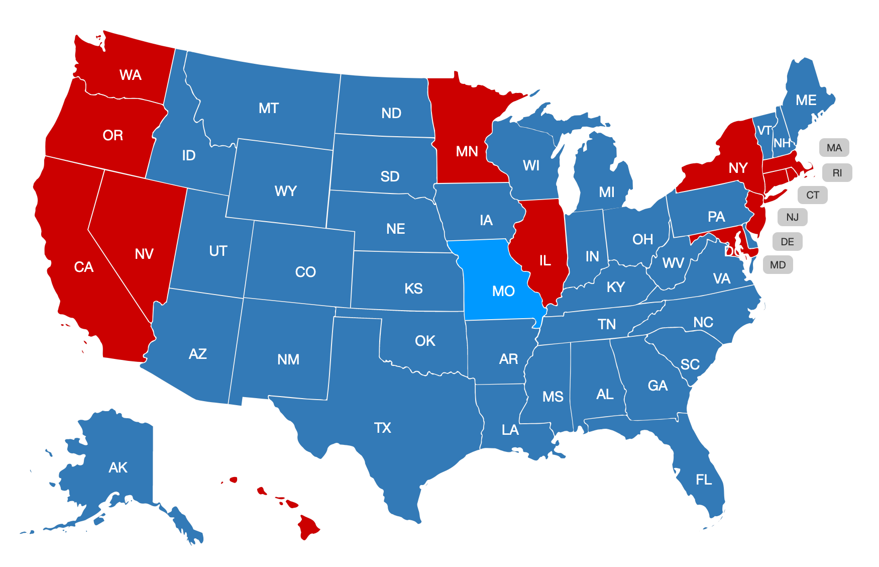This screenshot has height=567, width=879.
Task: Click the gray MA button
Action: (x=834, y=148)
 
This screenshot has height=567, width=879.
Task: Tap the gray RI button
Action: (x=837, y=173)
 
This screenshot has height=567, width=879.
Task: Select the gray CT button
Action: (x=812, y=195)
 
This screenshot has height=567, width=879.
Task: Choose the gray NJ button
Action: (x=792, y=217)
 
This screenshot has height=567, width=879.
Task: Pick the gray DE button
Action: (x=787, y=242)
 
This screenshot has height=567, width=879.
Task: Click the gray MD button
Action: (x=778, y=265)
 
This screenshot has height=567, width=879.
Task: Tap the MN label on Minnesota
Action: (x=467, y=151)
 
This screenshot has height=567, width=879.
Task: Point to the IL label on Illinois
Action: (x=545, y=260)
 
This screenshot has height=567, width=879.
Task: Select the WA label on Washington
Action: (x=130, y=75)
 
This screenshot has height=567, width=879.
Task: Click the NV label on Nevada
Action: (x=144, y=254)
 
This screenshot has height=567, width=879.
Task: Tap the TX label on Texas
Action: (x=382, y=428)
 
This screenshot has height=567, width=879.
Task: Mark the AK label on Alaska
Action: (x=118, y=467)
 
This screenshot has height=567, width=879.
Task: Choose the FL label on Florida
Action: (x=704, y=480)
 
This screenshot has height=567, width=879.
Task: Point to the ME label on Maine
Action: (x=806, y=101)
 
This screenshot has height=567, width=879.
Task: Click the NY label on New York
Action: (x=738, y=168)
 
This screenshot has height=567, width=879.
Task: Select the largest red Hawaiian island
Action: (x=308, y=526)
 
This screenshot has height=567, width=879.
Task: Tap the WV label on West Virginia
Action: (x=673, y=263)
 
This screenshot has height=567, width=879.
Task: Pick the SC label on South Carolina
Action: (x=690, y=364)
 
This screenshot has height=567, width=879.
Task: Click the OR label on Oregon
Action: (x=113, y=135)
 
